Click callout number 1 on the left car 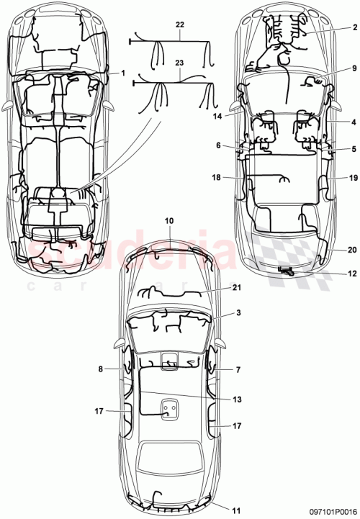click(x=123, y=73)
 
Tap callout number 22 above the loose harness click(x=179, y=24)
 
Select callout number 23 click(x=179, y=63)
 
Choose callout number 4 click(x=355, y=122)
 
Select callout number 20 click(x=353, y=250)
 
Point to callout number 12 click(x=352, y=274)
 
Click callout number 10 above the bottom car click(x=169, y=220)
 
